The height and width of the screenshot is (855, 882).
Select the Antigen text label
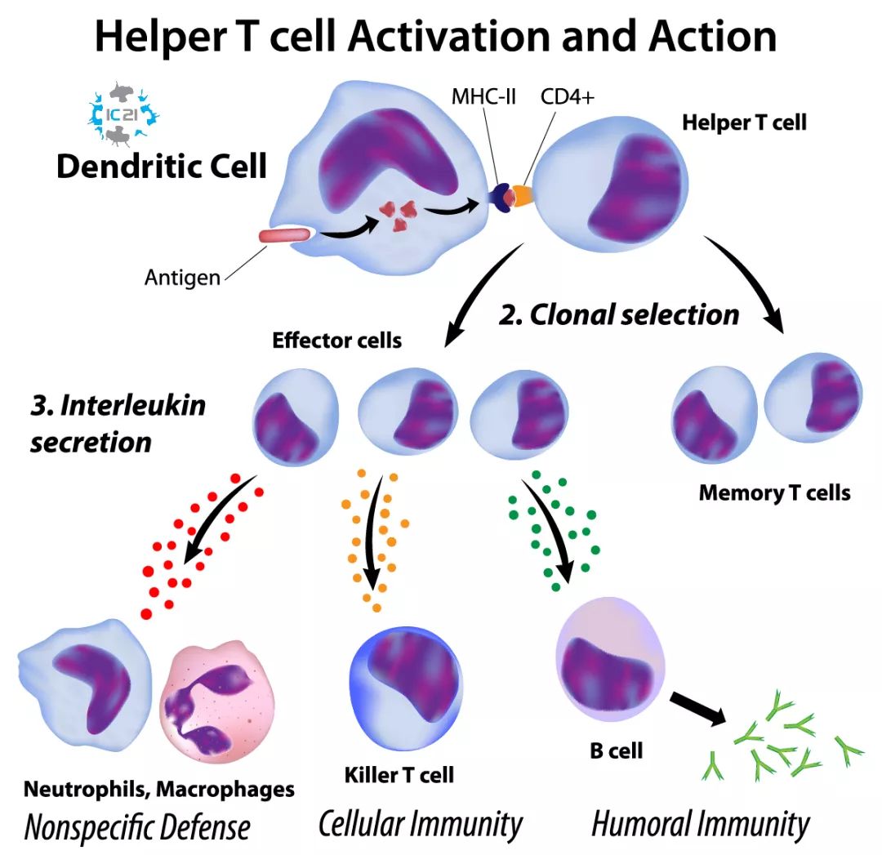182,278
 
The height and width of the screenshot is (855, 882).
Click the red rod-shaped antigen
284,236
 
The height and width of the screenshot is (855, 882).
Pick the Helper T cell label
744,123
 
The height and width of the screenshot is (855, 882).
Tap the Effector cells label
336,340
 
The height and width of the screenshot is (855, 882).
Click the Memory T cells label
774,492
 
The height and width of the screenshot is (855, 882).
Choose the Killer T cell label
399,773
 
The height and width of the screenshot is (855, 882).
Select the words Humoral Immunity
700,825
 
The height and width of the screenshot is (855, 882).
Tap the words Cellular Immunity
420,825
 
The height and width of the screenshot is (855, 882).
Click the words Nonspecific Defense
137,826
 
